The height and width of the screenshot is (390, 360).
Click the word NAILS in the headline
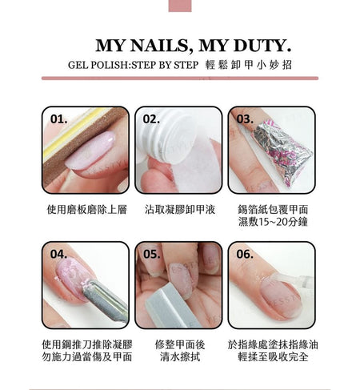pos(159,46)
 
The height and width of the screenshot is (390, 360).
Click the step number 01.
pos(58,119)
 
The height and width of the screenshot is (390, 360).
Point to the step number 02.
pos(151,119)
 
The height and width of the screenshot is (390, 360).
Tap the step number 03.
pos(245,119)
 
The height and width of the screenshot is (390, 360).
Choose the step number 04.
pos(58,254)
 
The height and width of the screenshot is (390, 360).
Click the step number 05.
pos(152,254)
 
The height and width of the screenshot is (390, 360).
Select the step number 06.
pos(245,254)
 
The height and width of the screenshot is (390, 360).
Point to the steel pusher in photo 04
pos(106,300)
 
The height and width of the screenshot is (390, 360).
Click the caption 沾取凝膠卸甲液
pos(180,210)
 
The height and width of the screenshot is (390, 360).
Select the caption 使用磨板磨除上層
pos(87,210)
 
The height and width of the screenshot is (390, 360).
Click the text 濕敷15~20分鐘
pos(273,222)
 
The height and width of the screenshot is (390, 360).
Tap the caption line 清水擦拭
pos(180,357)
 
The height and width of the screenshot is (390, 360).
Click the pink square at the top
pos(180,6)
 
